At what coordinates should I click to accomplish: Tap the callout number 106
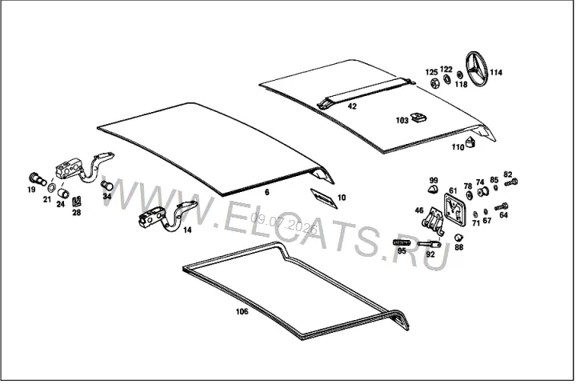[x=242, y=312]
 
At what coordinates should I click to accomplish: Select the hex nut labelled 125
[x=434, y=82]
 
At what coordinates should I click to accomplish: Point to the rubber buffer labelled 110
[x=470, y=142]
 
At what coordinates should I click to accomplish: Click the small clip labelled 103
[x=418, y=118]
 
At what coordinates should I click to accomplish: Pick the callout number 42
[x=352, y=106]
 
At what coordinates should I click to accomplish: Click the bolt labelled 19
[x=37, y=179]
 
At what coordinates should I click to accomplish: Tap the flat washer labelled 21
[x=51, y=188]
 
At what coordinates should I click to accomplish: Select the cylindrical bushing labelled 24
[x=63, y=193]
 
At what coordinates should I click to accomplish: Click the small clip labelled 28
[x=77, y=201]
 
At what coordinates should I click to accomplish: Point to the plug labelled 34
[x=107, y=186]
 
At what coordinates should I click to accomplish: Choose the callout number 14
[x=187, y=230]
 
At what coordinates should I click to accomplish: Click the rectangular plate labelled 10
[x=324, y=198]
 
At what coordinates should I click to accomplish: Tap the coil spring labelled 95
[x=402, y=242]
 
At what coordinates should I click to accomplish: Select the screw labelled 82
[x=511, y=182]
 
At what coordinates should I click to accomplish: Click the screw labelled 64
[x=501, y=207]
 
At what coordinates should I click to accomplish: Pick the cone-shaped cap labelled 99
[x=433, y=190]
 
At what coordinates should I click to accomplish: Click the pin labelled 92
[x=429, y=244]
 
